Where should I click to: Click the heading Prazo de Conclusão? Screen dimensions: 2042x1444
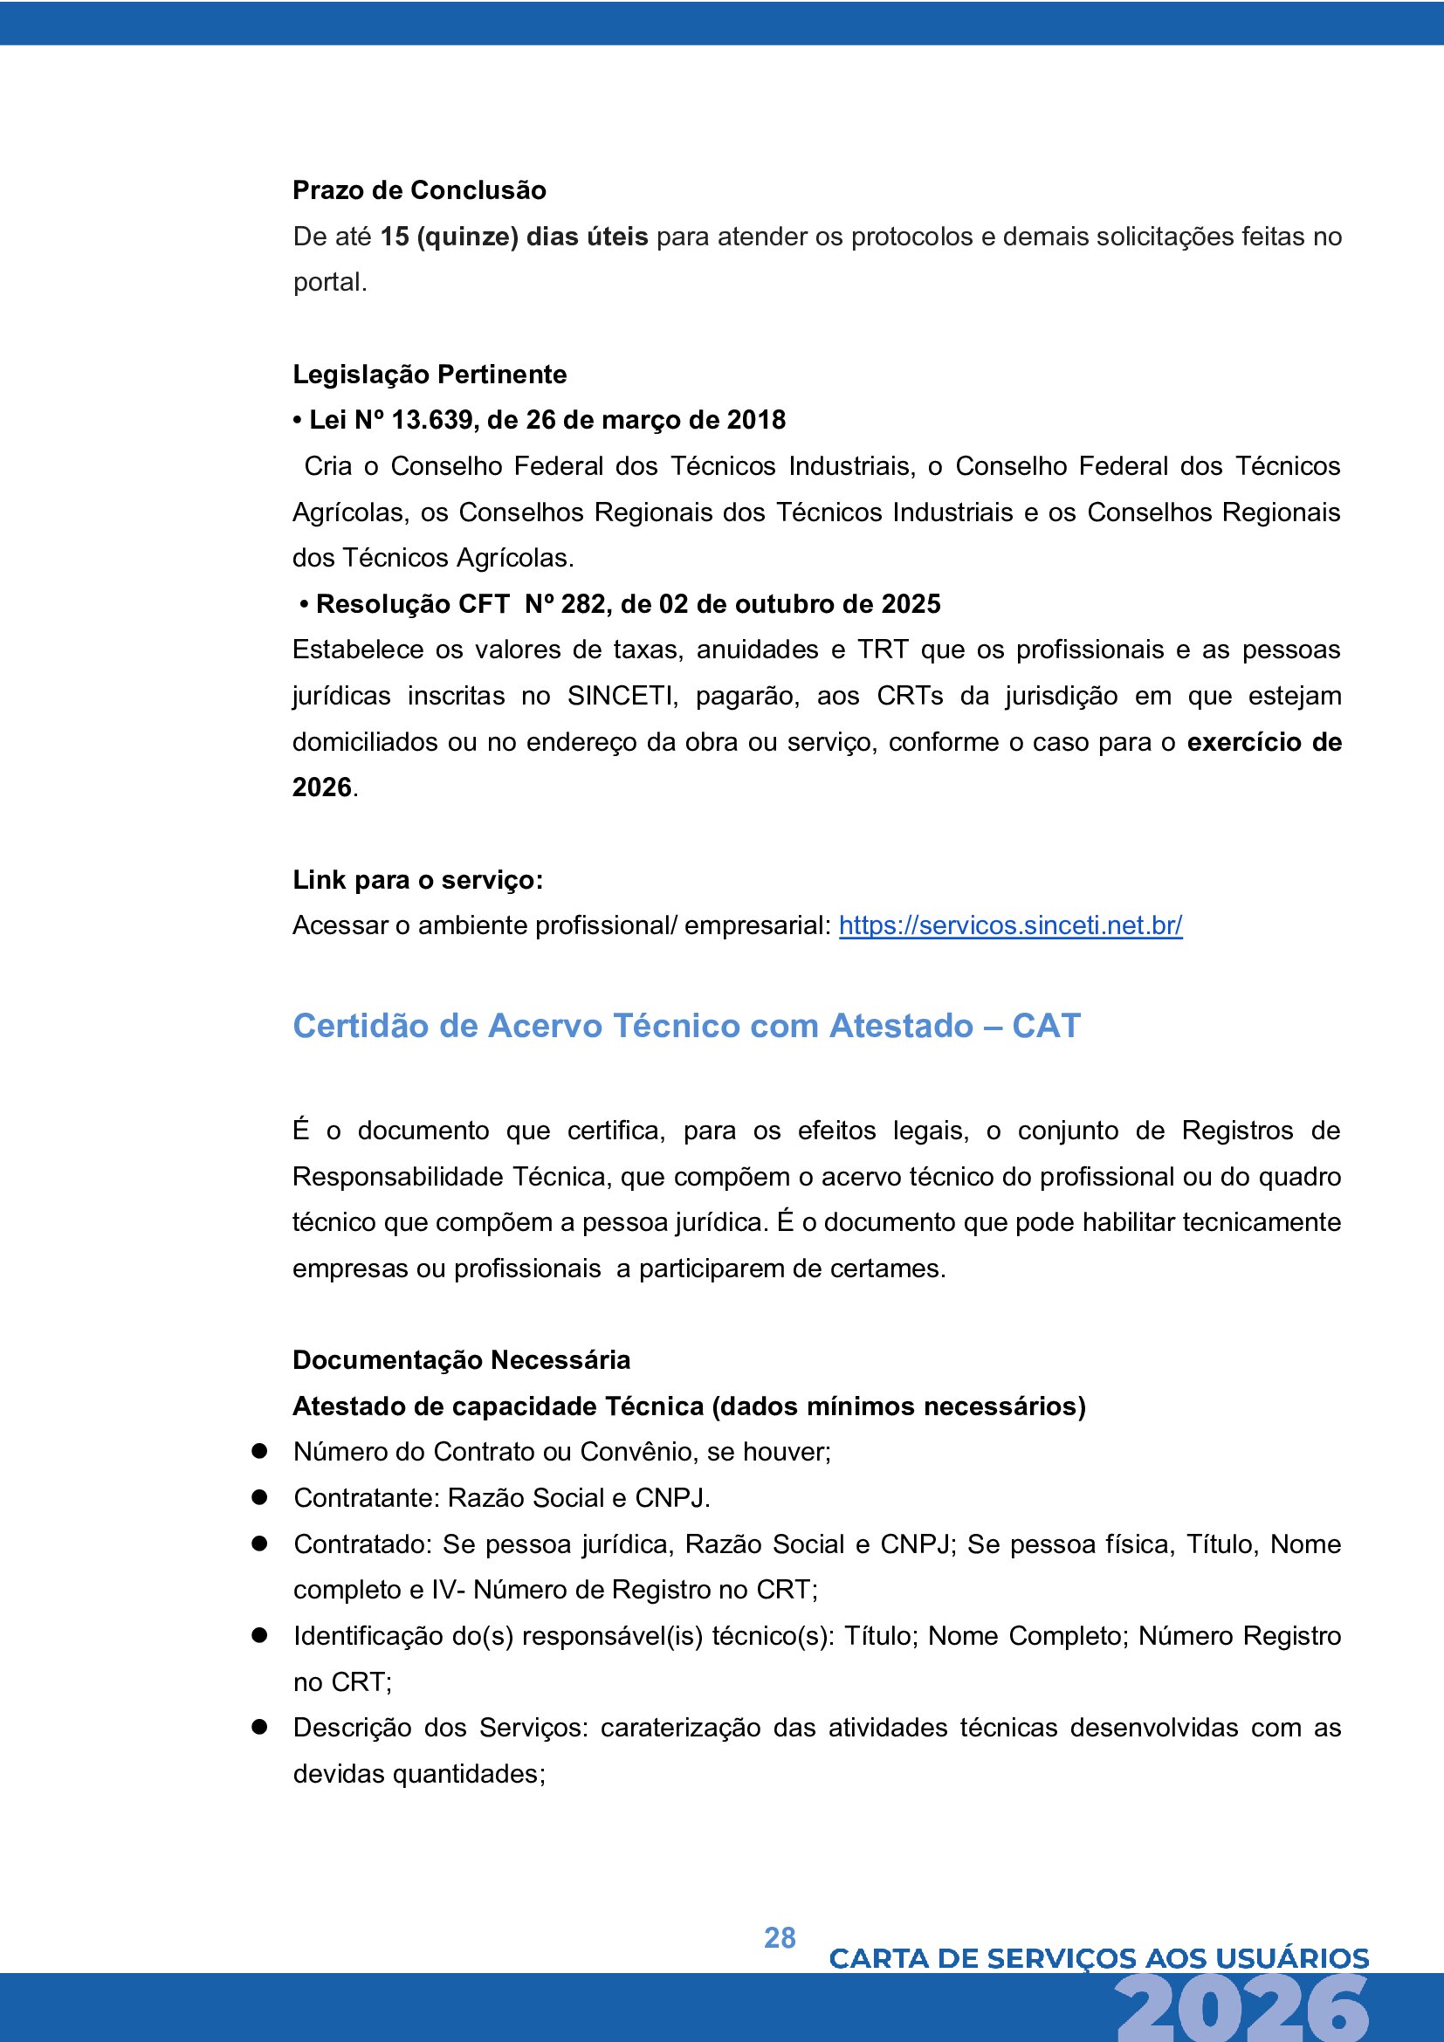tap(419, 190)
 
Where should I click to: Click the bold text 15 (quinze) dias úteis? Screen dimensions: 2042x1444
tap(514, 237)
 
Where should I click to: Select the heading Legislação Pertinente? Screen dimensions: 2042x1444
tap(430, 375)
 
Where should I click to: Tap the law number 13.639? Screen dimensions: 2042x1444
tap(430, 420)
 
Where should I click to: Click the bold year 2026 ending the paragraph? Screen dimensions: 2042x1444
tap(322, 787)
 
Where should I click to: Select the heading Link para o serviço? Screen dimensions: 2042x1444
tap(417, 880)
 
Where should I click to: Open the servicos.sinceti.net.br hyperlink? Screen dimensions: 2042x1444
tap(1010, 925)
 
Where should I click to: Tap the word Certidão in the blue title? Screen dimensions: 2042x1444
tap(360, 1026)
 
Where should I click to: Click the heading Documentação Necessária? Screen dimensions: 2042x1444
tap(462, 1360)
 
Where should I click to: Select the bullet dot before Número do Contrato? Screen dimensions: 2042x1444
tap(259, 1451)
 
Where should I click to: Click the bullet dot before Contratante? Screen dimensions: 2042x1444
tap(259, 1497)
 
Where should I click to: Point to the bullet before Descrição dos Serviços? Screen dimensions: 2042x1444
tap(259, 1726)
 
